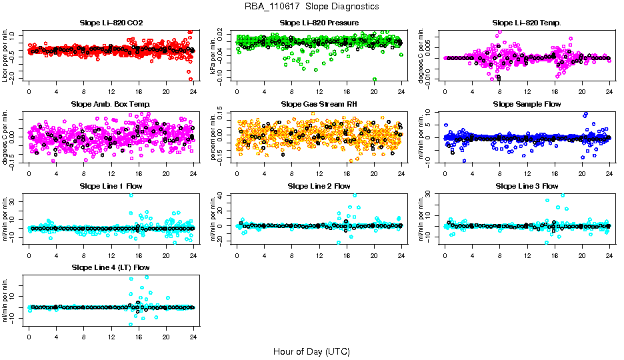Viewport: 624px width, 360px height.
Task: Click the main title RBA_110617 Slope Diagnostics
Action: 311,6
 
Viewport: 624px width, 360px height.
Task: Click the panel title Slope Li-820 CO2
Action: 111,23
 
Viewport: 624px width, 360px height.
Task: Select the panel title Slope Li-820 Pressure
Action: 319,23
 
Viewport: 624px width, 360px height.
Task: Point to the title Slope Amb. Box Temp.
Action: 111,105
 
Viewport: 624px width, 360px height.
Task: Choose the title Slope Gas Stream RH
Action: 319,105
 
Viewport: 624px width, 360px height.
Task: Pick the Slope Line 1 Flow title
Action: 111,186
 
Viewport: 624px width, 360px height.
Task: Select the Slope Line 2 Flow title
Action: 319,186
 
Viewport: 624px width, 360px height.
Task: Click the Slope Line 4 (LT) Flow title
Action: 111,267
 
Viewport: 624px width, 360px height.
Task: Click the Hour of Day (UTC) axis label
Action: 311,351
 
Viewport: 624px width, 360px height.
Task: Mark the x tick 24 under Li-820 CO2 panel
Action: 193,91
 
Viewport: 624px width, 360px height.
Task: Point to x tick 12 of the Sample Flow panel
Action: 527,172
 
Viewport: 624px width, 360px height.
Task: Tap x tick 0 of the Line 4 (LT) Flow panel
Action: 29,335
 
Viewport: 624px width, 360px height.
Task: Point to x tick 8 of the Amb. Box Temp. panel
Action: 84,172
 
